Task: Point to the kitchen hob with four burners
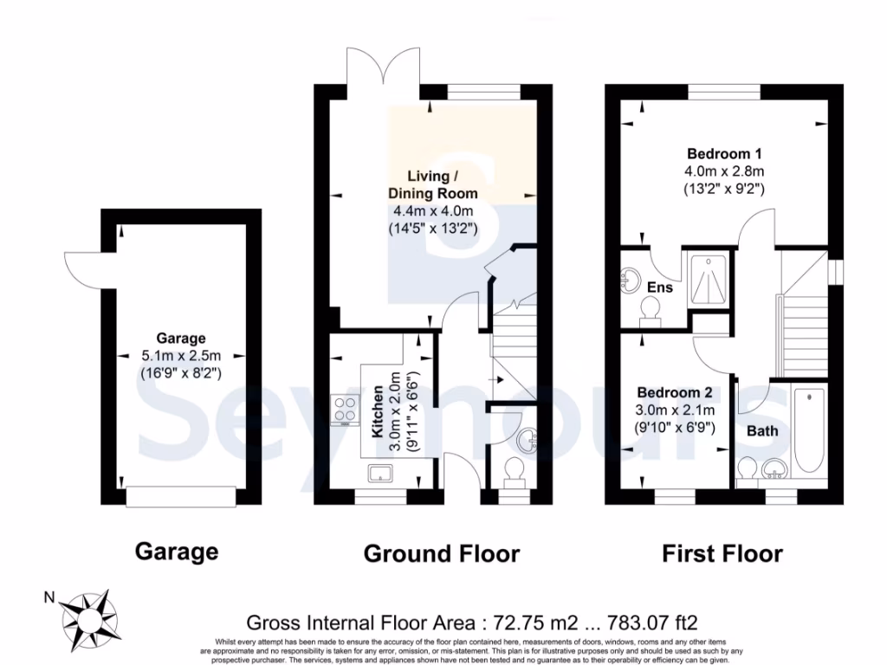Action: coord(344,410)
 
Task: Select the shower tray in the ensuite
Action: coord(709,278)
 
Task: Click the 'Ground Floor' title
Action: coord(441,553)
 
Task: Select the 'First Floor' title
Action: coord(722,553)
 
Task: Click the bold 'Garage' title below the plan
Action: coord(177,552)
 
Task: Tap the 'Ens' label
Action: coord(663,287)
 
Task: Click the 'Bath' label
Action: coord(762,430)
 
